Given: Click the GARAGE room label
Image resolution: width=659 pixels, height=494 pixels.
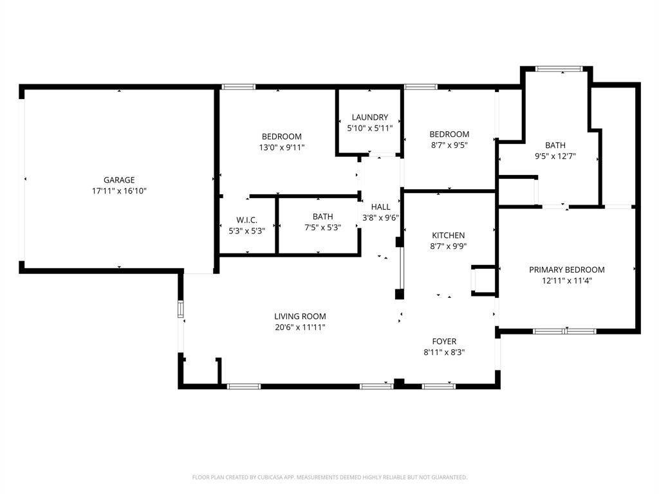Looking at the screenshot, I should click(119, 180).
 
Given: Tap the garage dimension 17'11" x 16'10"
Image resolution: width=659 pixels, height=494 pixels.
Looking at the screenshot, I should click(119, 191).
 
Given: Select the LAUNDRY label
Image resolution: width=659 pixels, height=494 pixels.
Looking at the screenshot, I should click(369, 117).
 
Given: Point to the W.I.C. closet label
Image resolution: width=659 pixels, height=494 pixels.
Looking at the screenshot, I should click(246, 220).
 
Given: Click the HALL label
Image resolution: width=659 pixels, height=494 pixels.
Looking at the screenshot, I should click(380, 207).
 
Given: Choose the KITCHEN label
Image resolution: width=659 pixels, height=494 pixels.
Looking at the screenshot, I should click(448, 235).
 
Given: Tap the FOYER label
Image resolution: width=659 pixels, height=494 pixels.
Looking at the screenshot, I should click(444, 342).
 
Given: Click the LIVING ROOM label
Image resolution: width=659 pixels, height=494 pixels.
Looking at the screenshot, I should click(300, 316).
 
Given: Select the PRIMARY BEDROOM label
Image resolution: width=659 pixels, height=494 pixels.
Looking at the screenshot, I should click(566, 270).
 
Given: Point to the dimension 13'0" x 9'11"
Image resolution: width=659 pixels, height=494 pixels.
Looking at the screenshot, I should click(281, 147).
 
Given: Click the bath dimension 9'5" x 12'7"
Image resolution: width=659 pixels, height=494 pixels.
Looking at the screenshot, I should click(555, 156).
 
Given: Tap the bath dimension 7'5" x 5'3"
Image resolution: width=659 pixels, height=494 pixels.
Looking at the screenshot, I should click(322, 227).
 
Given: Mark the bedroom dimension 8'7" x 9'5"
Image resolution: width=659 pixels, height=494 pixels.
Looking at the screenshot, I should click(449, 145).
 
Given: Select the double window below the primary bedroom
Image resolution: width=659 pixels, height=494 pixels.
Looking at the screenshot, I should click(564, 331).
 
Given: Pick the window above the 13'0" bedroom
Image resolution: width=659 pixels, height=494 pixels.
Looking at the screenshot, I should click(238, 87).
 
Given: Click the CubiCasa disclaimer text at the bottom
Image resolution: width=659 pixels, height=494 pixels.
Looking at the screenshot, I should click(329, 477).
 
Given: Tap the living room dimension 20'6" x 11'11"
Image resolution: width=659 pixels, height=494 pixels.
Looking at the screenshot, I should click(300, 327).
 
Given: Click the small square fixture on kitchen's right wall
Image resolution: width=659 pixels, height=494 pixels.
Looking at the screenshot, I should click(483, 280).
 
